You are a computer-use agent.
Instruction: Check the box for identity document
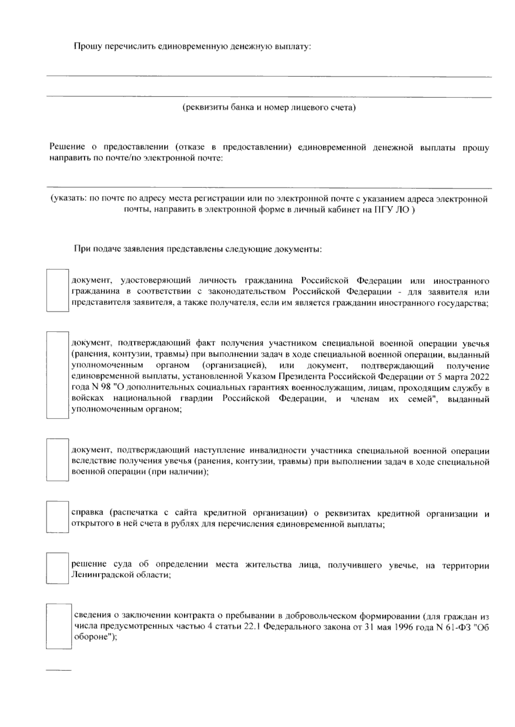[x=58, y=290]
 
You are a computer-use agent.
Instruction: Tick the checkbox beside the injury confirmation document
[x=58, y=375]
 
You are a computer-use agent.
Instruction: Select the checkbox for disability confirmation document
[x=58, y=459]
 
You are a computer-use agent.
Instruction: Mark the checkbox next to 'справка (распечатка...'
[x=58, y=517]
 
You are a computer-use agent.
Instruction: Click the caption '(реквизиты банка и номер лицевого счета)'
[x=269, y=107]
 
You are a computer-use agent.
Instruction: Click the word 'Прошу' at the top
[x=85, y=46]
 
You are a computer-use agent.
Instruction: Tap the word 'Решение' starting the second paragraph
[x=65, y=148]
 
